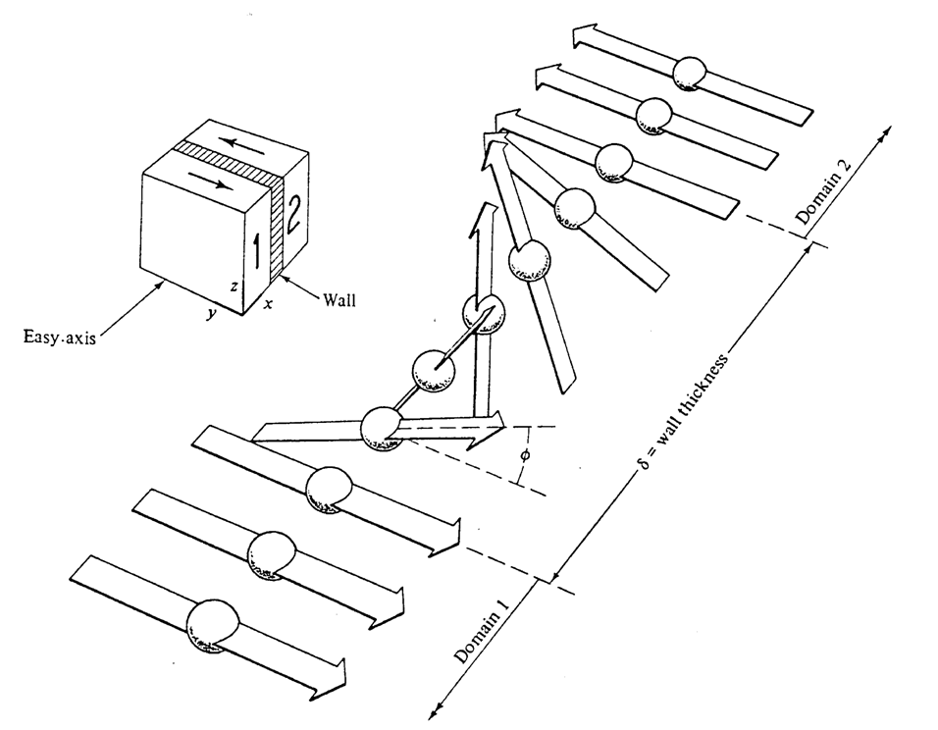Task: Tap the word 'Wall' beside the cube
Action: click(x=339, y=299)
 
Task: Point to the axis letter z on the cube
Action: click(x=234, y=287)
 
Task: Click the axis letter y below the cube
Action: click(x=210, y=314)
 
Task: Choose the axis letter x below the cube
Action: click(x=269, y=304)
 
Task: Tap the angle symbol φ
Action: click(x=525, y=455)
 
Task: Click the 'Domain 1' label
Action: click(x=482, y=631)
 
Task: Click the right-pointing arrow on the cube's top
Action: click(x=209, y=179)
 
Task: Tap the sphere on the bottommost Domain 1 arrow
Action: click(x=212, y=625)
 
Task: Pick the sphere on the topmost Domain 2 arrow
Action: click(x=690, y=74)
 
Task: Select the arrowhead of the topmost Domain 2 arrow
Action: click(x=585, y=36)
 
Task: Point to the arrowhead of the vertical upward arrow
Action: click(x=487, y=219)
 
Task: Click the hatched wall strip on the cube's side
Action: click(x=276, y=228)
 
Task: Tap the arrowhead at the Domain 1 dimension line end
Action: click(x=434, y=711)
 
